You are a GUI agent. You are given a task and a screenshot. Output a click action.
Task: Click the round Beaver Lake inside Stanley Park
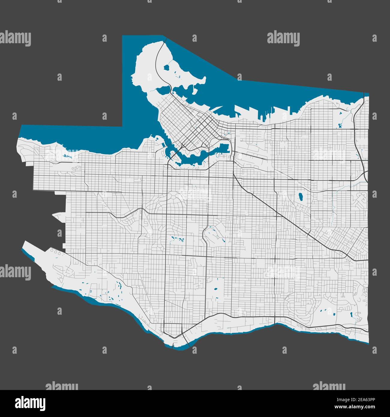pos(166,67)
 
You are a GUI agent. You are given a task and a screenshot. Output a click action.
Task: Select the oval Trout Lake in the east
pos(299,197)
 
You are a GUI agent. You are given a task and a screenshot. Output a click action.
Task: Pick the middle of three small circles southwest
pos(56,251)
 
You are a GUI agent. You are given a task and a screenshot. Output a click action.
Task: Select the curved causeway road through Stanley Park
pos(158,66)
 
